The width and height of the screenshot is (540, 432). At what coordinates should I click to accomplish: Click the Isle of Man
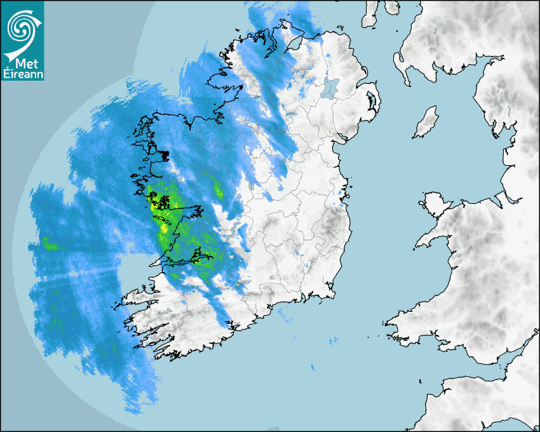pyautogui.click(x=426, y=123)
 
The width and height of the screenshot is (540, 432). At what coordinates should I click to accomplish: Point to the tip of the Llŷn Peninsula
pyautogui.click(x=417, y=245)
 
